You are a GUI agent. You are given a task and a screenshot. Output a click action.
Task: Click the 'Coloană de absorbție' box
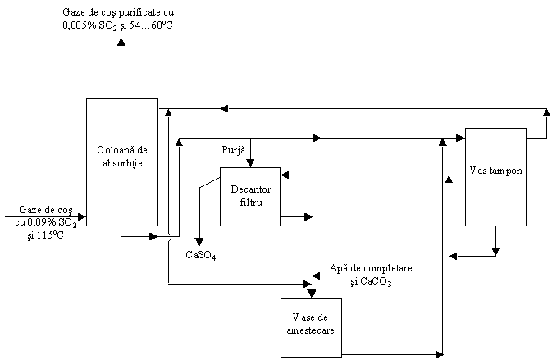[x=122, y=162]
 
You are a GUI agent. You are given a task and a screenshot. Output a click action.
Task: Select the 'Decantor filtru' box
[x=250, y=197]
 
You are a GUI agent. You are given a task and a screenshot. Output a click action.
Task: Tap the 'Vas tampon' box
[x=495, y=177]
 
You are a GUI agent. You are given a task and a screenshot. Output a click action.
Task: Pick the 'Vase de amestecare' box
[x=311, y=328]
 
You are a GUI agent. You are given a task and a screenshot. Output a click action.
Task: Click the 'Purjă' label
[x=234, y=150]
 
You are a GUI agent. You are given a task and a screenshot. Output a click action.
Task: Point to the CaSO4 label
[x=201, y=255]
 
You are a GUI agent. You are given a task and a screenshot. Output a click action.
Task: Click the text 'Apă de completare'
[x=371, y=268]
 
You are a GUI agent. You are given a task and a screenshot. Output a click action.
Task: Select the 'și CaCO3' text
[x=371, y=282]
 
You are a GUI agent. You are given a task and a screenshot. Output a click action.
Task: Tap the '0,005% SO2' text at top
[x=89, y=26]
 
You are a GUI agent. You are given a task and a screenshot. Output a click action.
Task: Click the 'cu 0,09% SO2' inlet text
[x=46, y=223]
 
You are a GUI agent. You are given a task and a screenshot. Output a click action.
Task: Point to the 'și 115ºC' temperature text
[x=46, y=235]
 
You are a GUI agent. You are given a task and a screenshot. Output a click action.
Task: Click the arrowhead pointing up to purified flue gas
[x=121, y=42]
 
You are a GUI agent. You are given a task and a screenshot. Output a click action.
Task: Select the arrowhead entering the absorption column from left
[x=82, y=216]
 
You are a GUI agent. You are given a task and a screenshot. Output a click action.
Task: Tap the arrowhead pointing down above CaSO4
[x=199, y=242]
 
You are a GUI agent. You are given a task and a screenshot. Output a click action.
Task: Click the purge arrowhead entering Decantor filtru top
[x=250, y=163]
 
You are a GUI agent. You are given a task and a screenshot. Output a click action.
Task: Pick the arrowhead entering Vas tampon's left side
[x=461, y=138]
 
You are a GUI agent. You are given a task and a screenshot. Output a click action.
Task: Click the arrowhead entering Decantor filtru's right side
[x=285, y=175]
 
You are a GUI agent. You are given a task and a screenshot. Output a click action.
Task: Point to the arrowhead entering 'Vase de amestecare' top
[x=312, y=294]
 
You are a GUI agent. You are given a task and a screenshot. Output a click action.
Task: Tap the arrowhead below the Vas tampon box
[x=495, y=252]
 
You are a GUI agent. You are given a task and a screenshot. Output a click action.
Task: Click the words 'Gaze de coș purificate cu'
[x=118, y=12]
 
